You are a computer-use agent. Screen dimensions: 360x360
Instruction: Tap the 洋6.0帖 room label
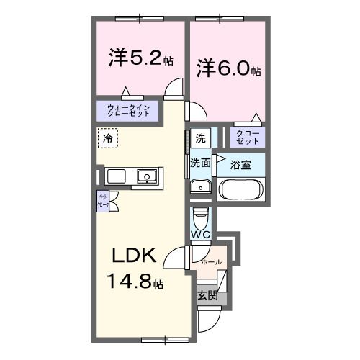tap(228, 69)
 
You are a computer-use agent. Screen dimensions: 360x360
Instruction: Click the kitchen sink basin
tap(148, 176)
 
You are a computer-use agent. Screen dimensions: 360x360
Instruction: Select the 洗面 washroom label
tap(200, 163)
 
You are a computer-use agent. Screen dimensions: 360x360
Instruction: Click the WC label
tap(201, 235)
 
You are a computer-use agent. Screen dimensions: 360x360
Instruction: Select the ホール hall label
tap(211, 261)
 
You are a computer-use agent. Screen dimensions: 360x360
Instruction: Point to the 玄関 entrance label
tap(207, 294)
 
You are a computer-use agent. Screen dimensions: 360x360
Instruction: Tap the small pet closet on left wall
tap(102, 201)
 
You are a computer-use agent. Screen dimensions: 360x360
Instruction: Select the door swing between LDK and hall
tap(179, 256)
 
